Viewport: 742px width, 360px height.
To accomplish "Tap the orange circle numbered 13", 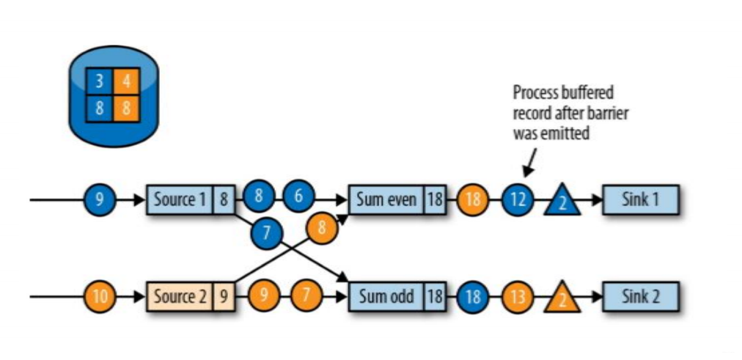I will point(518,298).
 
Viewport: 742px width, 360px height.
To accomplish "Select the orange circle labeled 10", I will point(100,298).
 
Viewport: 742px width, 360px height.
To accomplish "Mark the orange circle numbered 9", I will point(263,298).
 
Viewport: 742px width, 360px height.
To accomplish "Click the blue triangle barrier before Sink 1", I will point(562,201).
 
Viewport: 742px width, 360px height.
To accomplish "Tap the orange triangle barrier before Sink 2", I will point(562,299).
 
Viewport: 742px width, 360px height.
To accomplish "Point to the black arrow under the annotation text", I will point(529,159).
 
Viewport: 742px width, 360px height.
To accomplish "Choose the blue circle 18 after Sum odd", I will point(473,298).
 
